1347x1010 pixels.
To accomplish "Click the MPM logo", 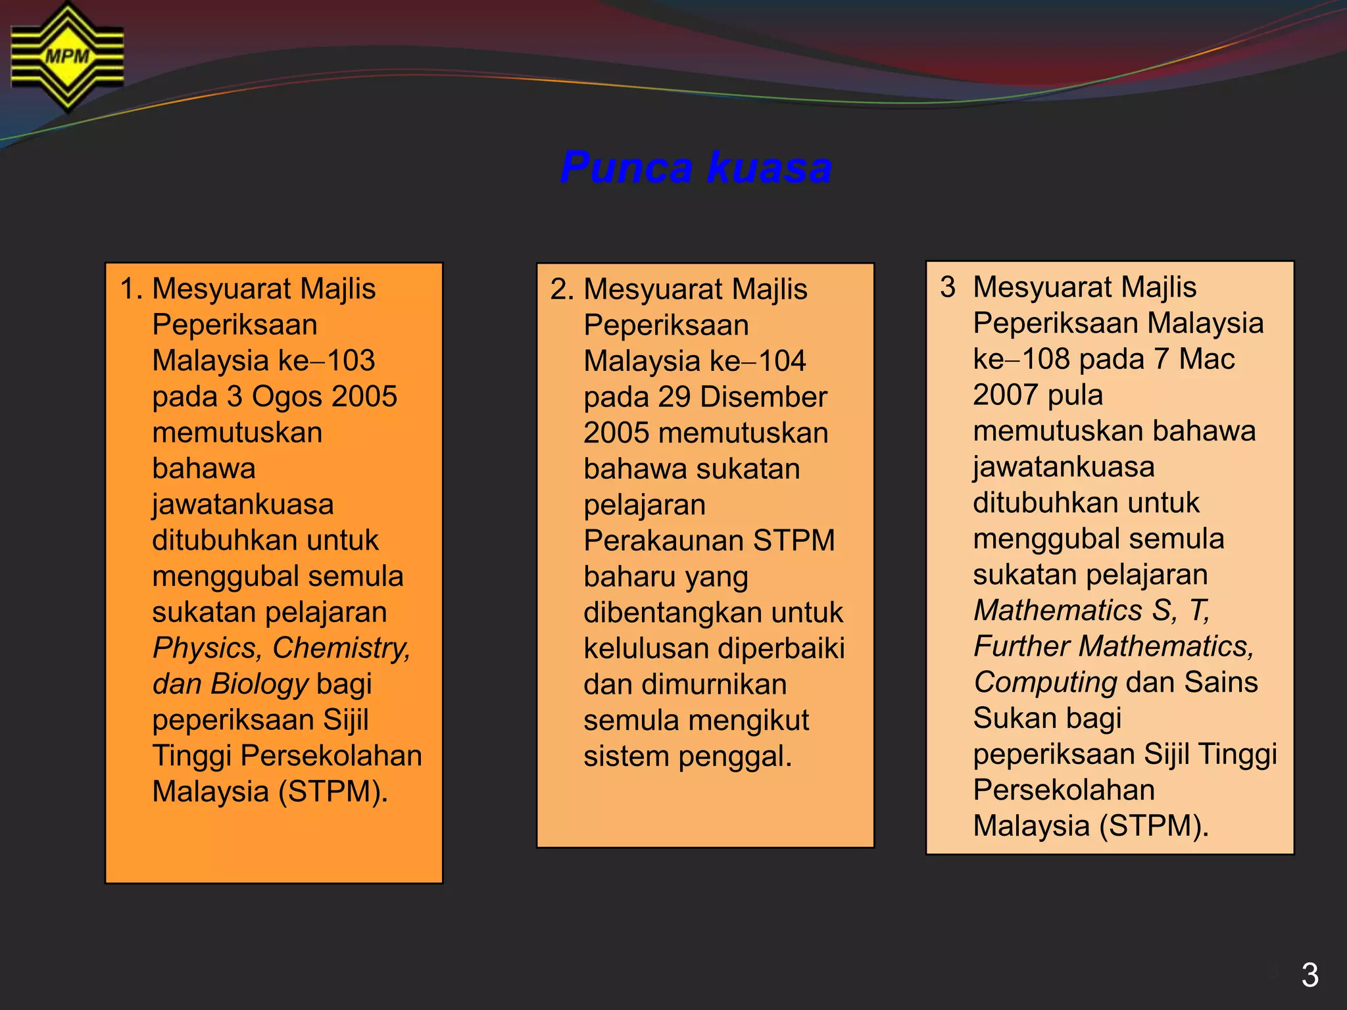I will [67, 57].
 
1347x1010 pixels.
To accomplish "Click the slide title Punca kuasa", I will [696, 167].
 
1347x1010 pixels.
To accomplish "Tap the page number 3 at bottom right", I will [1310, 974].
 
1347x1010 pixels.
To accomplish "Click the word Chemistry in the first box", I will [341, 648].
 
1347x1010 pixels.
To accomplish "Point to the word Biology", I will [259, 684].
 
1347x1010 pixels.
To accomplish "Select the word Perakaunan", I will [664, 541].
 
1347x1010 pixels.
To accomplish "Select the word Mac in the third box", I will [1206, 359].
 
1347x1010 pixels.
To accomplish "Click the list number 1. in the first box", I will [131, 289].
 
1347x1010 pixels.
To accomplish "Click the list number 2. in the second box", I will [562, 289].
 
